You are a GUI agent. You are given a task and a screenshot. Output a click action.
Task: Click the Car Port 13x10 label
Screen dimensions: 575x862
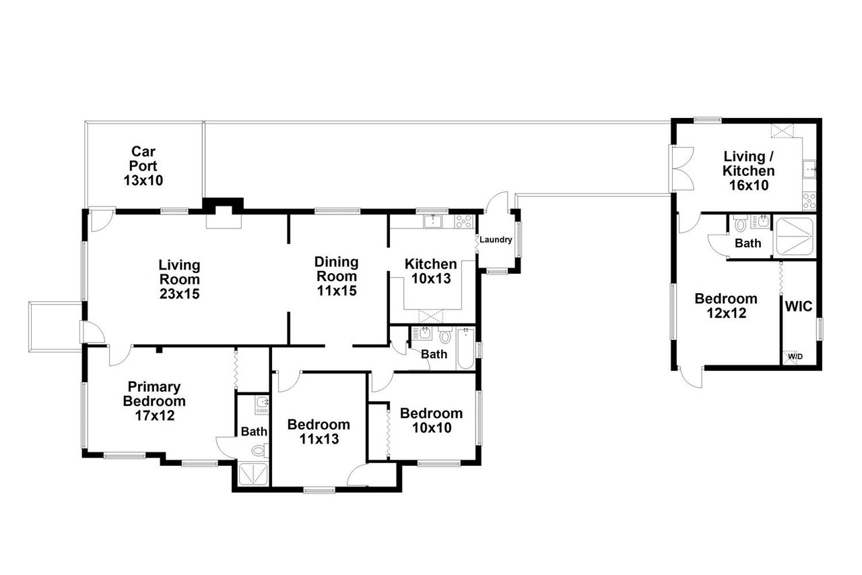click(x=143, y=166)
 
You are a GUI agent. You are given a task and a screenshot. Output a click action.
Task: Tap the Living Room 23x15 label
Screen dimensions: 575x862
click(x=179, y=279)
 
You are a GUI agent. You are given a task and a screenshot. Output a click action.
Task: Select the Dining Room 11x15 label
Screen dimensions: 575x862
click(x=337, y=276)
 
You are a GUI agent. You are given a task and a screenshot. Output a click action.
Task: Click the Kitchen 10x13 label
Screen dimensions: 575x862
click(x=430, y=271)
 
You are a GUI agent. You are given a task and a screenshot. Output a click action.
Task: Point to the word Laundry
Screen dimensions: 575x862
click(x=496, y=239)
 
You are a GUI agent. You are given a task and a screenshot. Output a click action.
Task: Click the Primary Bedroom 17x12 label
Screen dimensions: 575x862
click(x=154, y=401)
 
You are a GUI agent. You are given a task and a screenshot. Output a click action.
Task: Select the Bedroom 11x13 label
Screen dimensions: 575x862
click(x=319, y=431)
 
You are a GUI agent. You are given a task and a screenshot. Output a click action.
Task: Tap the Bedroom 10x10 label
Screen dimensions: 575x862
click(x=430, y=420)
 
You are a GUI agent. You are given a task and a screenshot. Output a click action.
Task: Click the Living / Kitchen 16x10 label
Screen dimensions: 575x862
click(x=748, y=171)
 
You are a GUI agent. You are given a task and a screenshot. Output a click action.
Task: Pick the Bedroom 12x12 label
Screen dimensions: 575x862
click(x=726, y=305)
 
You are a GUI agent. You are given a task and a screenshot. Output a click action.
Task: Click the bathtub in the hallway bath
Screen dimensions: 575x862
click(x=466, y=348)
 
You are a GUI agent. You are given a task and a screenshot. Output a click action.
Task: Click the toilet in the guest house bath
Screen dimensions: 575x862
click(x=741, y=222)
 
